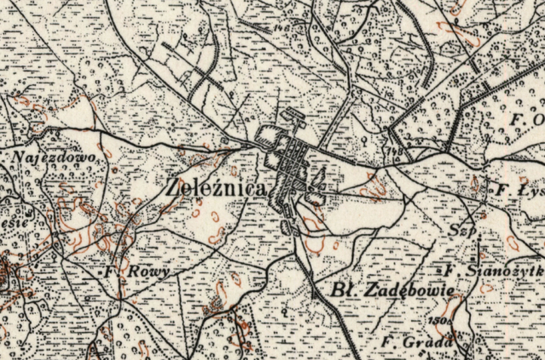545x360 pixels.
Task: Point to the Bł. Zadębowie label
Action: click(391, 290)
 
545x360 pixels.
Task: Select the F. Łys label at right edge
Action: click(514, 189)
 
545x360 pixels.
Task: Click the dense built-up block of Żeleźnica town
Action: click(294, 166)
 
